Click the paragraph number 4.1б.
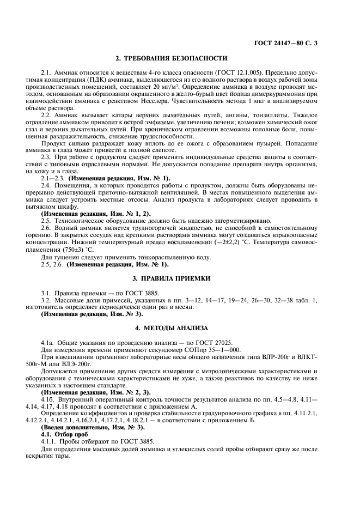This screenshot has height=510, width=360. tap(47, 399)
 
